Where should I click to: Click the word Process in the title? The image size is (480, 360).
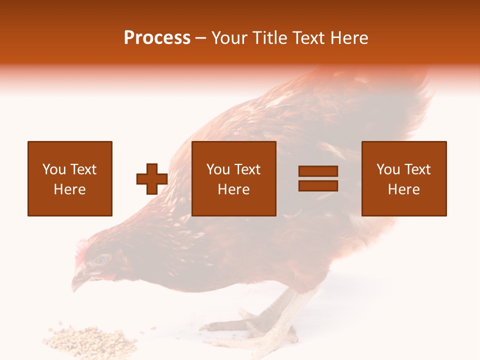click(x=157, y=38)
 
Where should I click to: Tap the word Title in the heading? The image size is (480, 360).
click(x=270, y=38)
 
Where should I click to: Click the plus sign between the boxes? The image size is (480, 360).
click(x=152, y=179)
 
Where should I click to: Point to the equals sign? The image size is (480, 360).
click(x=318, y=178)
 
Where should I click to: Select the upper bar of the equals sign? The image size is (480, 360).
click(x=318, y=171)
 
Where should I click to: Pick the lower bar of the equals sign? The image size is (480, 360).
click(x=318, y=185)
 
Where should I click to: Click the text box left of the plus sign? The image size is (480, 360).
click(x=70, y=178)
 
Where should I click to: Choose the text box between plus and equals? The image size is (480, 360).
click(x=234, y=178)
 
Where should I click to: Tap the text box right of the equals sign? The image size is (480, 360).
click(x=404, y=178)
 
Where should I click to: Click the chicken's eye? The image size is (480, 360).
click(x=101, y=259)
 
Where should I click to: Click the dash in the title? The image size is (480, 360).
click(x=201, y=38)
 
